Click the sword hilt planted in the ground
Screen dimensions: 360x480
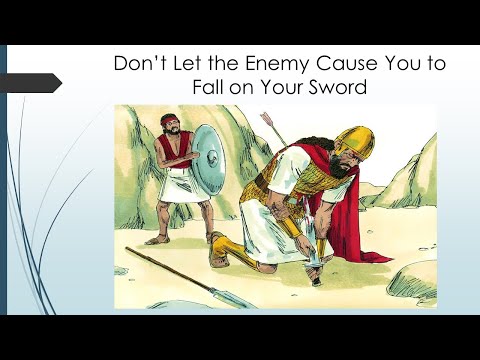pyautogui.click(x=318, y=270)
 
